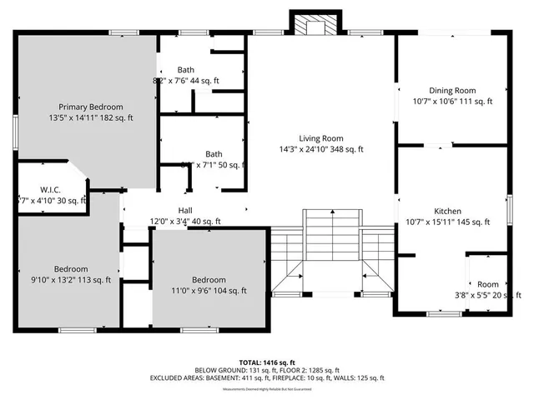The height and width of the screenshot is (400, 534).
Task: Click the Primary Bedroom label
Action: (90, 107)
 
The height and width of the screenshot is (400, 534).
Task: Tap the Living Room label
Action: (321, 138)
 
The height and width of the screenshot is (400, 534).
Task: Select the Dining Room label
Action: (453, 90)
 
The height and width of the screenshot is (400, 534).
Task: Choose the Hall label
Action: (185, 211)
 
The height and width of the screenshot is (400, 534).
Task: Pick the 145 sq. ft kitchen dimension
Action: (472, 222)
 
